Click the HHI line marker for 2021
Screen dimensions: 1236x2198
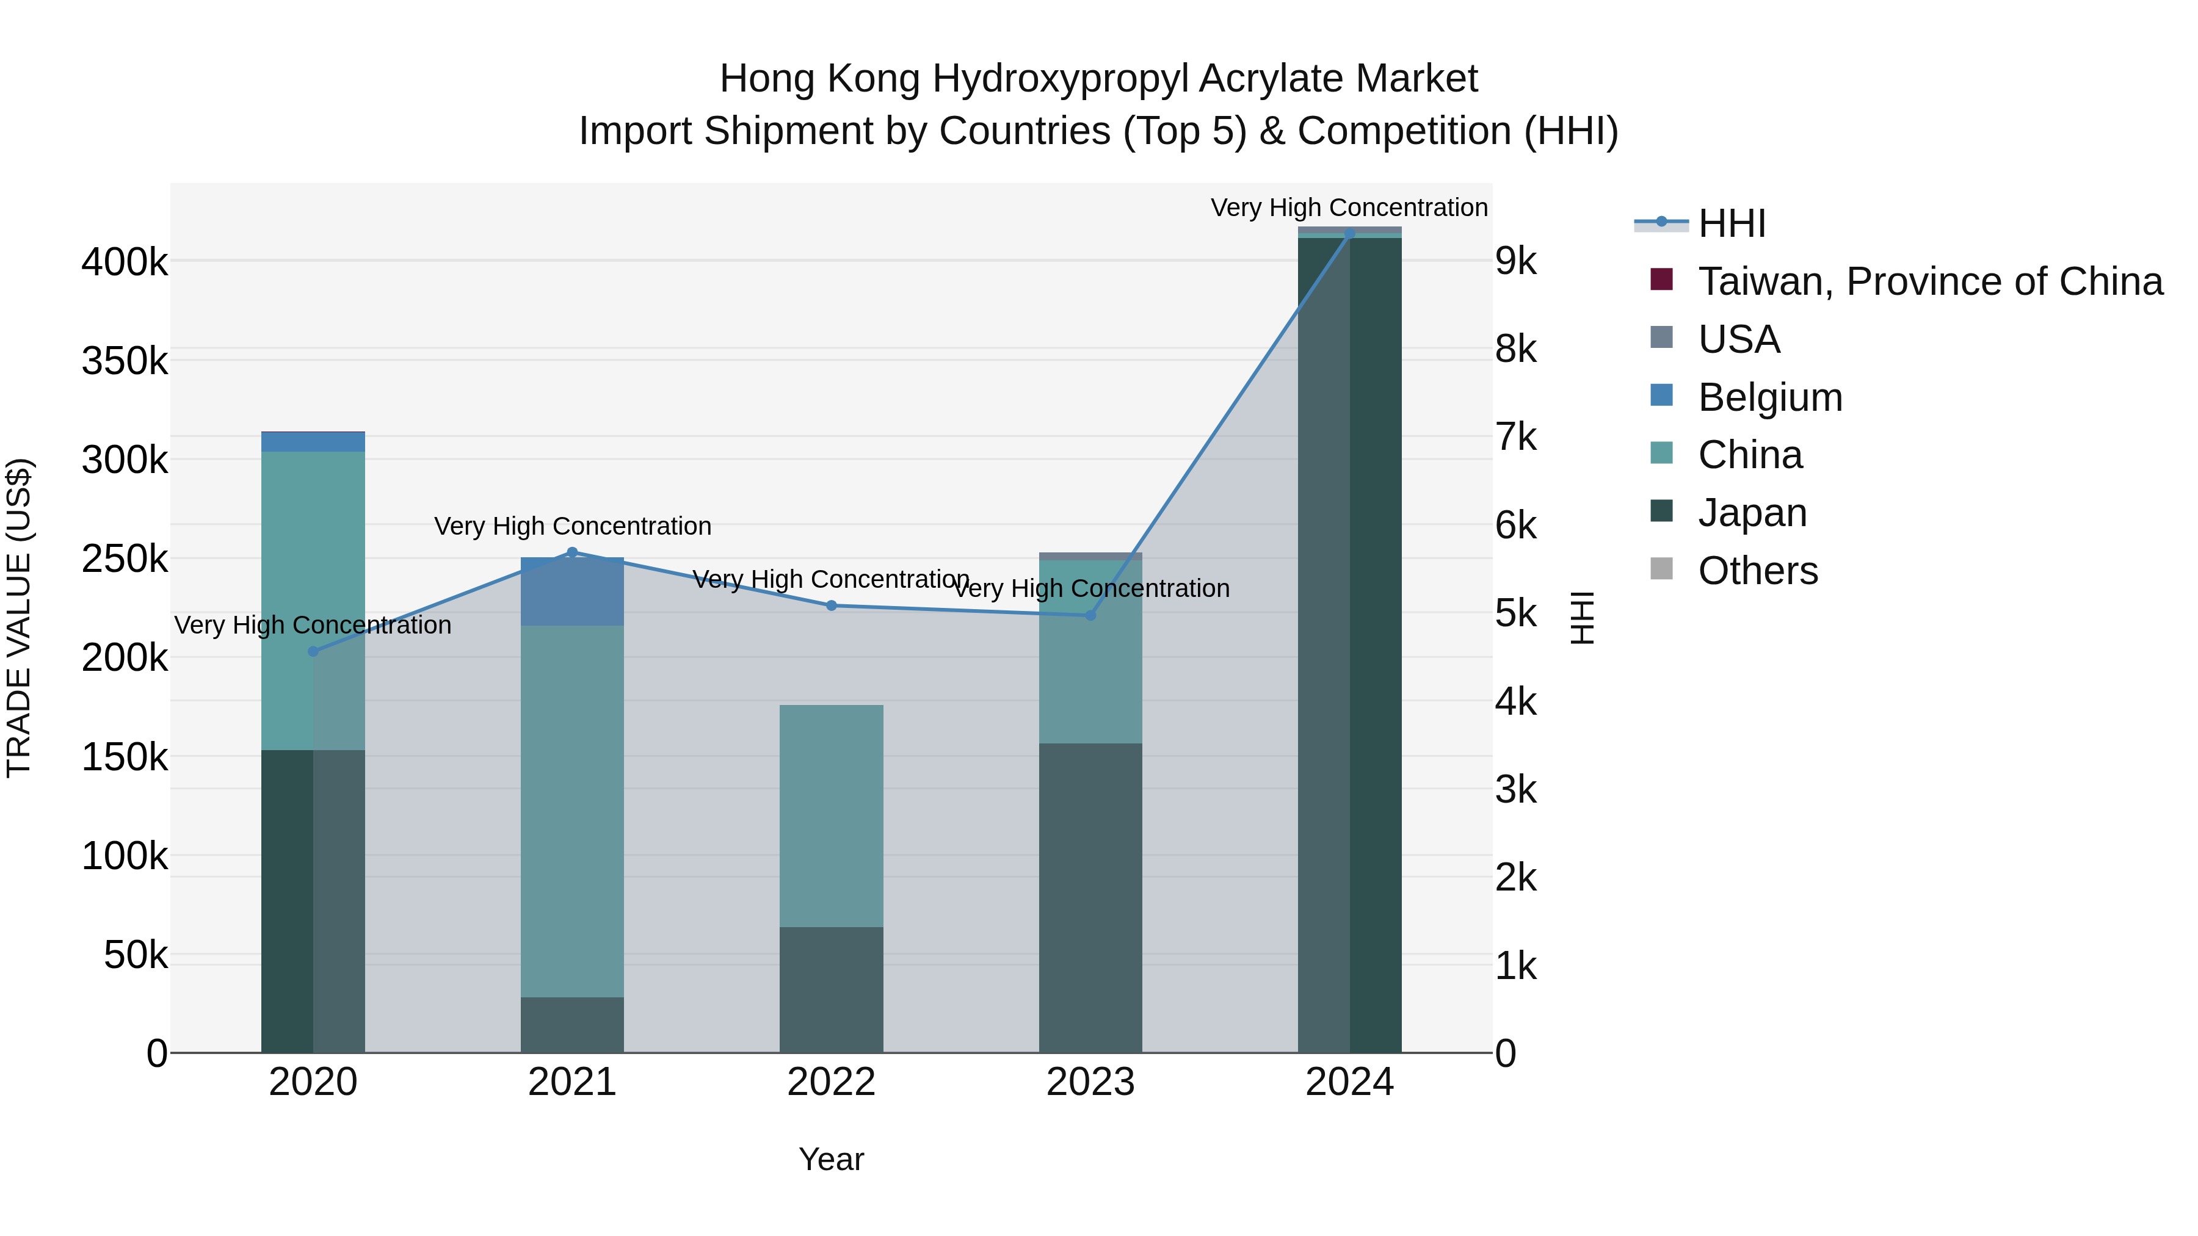coord(573,552)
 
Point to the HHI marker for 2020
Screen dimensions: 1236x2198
coord(313,652)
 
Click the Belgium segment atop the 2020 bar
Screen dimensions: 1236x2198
coord(313,442)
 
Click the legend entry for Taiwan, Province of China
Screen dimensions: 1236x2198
coord(1929,281)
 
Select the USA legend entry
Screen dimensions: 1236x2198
coord(1738,339)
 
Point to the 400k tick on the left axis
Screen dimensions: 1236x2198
coord(125,262)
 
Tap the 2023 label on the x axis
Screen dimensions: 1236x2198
coord(1090,1082)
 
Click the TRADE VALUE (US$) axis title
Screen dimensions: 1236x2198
coord(20,618)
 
